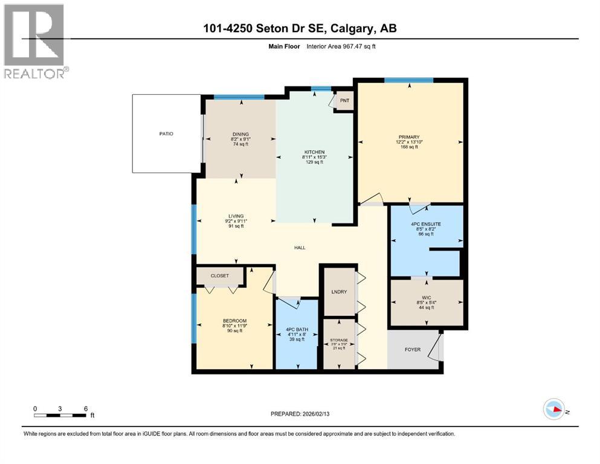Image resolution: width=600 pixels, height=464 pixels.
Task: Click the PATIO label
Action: pyautogui.click(x=166, y=134)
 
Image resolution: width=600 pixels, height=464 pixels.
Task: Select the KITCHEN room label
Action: pyautogui.click(x=314, y=152)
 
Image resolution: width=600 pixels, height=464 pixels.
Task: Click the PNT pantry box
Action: pyautogui.click(x=344, y=101)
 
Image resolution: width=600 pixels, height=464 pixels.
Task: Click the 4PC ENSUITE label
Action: pyautogui.click(x=426, y=224)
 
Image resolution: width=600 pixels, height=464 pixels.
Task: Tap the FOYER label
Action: pyautogui.click(x=413, y=350)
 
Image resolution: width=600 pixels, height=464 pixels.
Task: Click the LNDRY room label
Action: pyautogui.click(x=338, y=292)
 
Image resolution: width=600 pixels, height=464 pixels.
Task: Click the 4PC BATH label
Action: pyautogui.click(x=296, y=330)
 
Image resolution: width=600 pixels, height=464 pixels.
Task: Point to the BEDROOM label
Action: pyautogui.click(x=234, y=321)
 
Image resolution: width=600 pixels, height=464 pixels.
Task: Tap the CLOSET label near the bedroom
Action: pyautogui.click(x=220, y=275)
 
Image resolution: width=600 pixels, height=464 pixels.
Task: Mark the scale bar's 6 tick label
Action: pyautogui.click(x=86, y=408)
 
